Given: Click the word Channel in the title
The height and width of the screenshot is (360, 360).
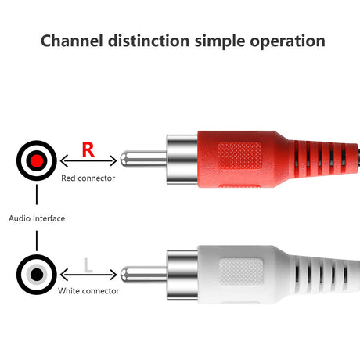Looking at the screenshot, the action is (72, 41).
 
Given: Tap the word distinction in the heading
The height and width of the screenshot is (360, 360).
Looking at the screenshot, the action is (149, 41).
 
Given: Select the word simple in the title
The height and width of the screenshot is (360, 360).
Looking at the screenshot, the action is (220, 41).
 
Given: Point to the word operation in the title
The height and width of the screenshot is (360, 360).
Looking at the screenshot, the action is (288, 41).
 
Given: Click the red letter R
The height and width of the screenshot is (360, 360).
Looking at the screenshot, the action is (88, 149).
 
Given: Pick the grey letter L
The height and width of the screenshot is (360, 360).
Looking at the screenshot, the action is (88, 265).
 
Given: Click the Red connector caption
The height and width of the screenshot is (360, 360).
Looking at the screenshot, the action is (88, 178).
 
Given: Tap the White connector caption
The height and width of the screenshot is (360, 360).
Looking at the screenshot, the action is (88, 291).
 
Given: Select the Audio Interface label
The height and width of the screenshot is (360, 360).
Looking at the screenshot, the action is (37, 218).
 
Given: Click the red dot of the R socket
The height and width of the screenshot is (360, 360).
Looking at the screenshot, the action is (37, 160).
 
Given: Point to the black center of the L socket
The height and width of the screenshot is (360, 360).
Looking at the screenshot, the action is (37, 275).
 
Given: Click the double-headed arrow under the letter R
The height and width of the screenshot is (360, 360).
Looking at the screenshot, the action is (88, 160).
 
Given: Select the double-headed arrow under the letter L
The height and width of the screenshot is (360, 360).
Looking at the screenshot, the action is (88, 275).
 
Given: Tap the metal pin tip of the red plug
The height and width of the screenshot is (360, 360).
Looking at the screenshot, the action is (124, 159).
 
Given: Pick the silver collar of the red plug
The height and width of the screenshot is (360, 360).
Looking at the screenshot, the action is (182, 160).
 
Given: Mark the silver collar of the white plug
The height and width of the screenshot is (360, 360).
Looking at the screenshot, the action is (182, 275).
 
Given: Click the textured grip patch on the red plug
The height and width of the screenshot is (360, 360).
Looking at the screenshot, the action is (240, 156).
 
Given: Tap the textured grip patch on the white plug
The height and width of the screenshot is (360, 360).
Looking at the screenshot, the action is (241, 272).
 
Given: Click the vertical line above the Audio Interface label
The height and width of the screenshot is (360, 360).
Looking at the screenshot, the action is (37, 194).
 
